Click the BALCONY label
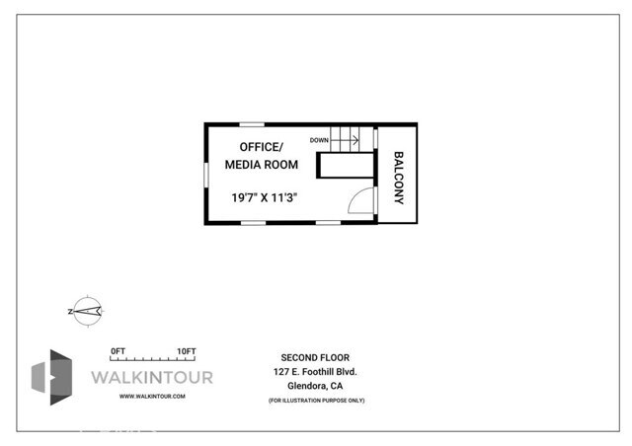tap(399, 178)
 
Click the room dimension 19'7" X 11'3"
tap(265, 197)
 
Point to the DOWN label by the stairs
tap(319, 140)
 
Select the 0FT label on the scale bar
tap(118, 350)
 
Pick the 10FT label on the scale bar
tap(186, 350)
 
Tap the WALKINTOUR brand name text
tap(151, 378)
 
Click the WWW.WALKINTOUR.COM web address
tap(151, 397)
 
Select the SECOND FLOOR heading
tap(315, 357)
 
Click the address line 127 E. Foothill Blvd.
tap(315, 372)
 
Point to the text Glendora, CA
tap(315, 387)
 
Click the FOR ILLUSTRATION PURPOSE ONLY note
tap(315, 401)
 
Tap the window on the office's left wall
tap(206, 173)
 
